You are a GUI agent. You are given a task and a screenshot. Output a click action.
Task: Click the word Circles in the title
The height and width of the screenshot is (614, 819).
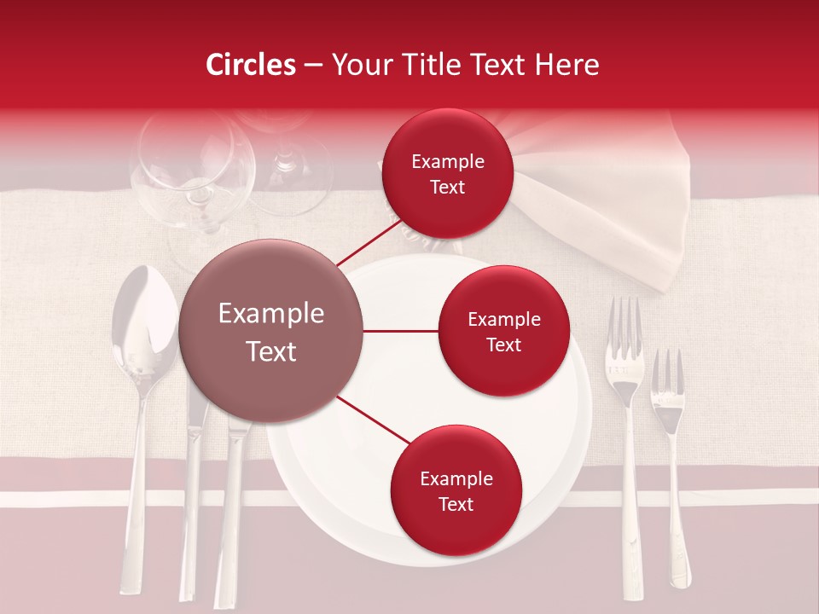[251, 65]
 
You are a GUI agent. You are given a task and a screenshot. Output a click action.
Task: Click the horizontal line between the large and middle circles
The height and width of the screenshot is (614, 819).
[401, 331]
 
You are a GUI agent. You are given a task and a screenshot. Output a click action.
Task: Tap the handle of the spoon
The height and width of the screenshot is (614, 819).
[136, 512]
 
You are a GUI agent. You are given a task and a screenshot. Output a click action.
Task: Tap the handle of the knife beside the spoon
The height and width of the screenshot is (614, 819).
[189, 529]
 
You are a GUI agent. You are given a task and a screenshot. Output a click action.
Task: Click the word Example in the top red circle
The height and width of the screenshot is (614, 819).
[448, 162]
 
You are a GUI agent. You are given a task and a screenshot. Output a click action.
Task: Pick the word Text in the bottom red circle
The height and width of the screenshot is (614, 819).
[456, 504]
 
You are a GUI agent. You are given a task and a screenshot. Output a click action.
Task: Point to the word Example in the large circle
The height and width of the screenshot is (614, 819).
[271, 314]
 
